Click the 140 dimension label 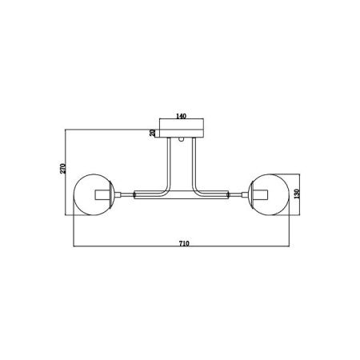[181, 116]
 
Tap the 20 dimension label [152, 133]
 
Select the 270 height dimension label [62, 168]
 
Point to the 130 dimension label [297, 194]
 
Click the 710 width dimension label [184, 243]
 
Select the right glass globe [269, 194]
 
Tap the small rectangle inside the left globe [103, 194]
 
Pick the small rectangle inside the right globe [260, 194]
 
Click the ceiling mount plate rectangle [182, 128]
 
